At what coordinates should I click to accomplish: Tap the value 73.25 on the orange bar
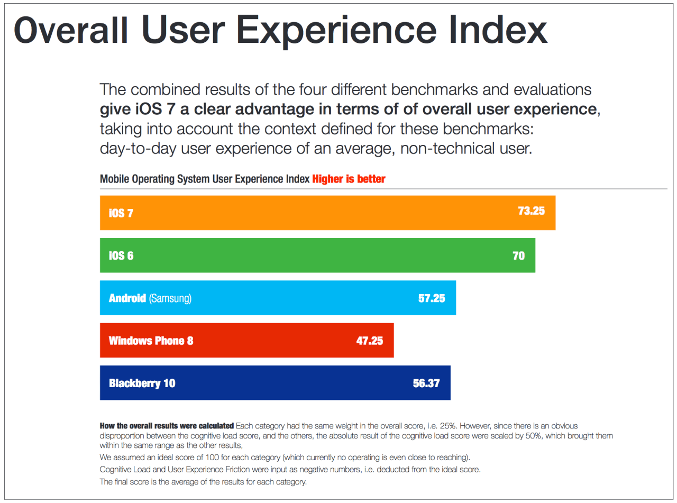[x=531, y=211]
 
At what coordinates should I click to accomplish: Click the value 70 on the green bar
[x=518, y=256]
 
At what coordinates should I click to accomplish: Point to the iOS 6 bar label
[x=121, y=256]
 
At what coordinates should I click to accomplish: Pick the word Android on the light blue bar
[x=127, y=298]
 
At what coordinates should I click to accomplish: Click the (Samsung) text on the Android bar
[x=170, y=298]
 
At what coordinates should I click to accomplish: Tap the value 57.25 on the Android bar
[x=432, y=298]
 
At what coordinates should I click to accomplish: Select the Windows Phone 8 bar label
[x=151, y=341]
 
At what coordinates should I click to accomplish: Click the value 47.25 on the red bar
[x=369, y=341]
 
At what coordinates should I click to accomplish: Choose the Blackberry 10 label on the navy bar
[x=142, y=383]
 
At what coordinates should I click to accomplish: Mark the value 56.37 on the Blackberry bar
[x=426, y=383]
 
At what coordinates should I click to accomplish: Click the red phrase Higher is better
[x=349, y=179]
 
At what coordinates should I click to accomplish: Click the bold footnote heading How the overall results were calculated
[x=167, y=426]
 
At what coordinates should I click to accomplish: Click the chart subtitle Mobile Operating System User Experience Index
[x=204, y=179]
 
